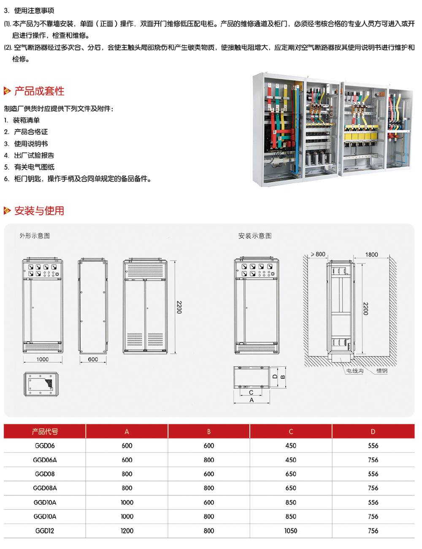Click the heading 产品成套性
[39, 91]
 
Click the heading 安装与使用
[39, 210]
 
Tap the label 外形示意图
[35, 236]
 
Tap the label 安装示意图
[255, 236]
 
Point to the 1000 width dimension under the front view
[42, 359]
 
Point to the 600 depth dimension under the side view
[93, 359]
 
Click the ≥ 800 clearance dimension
[318, 254]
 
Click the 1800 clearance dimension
[371, 254]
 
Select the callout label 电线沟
[355, 371]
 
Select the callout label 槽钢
[381, 371]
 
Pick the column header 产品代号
[45, 431]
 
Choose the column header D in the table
[373, 432]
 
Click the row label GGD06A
[45, 460]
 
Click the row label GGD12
[45, 531]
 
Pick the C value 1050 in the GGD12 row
[291, 531]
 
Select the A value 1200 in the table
[127, 531]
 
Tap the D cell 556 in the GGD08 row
[373, 474]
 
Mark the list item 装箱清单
[26, 120]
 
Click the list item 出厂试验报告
[34, 155]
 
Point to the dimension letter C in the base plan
[251, 392]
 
